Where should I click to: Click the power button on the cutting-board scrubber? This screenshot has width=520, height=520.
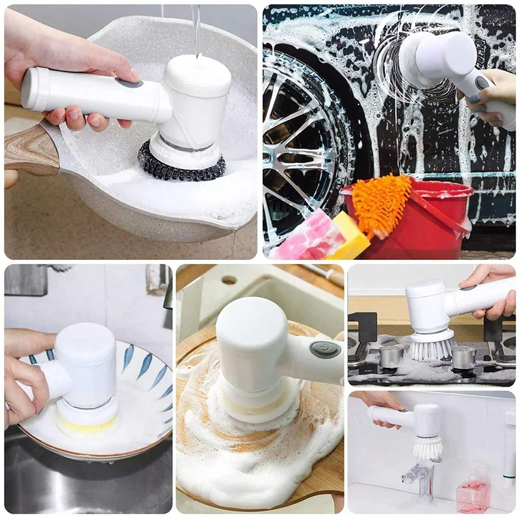(324, 350)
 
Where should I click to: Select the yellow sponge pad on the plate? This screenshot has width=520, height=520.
(87, 425)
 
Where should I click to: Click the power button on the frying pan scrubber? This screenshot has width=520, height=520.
(129, 83)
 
